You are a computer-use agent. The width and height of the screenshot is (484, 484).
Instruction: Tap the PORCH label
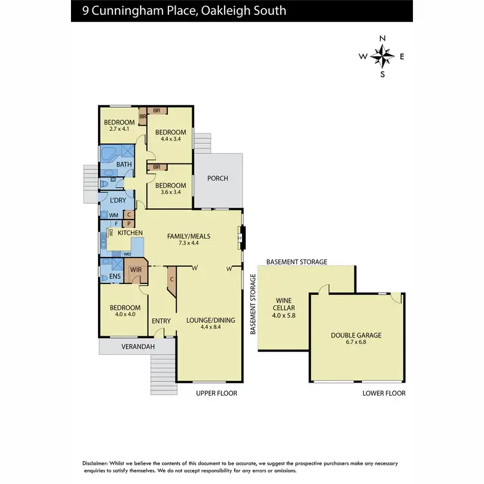(x=217, y=178)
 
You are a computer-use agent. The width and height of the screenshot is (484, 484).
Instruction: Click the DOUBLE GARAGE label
(x=356, y=335)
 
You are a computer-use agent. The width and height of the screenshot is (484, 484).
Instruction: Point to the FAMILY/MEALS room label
(x=188, y=236)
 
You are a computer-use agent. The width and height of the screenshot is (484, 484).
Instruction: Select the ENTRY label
(x=161, y=321)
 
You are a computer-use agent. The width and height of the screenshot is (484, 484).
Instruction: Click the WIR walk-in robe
(x=136, y=270)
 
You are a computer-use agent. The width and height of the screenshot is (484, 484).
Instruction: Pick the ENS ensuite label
(x=115, y=277)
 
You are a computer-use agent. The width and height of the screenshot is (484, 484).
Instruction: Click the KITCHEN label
(x=130, y=232)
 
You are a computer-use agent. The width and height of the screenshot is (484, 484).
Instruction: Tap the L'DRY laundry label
(x=117, y=201)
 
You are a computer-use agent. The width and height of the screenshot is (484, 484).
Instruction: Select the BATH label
(x=124, y=165)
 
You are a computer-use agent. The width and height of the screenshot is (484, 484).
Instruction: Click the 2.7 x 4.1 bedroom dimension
(x=119, y=130)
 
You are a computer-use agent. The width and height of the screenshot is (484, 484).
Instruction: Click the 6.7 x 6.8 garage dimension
(x=356, y=343)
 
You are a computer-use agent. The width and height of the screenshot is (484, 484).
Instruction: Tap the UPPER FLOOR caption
(x=217, y=393)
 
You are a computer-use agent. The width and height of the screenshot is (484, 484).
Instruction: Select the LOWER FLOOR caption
(x=385, y=393)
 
